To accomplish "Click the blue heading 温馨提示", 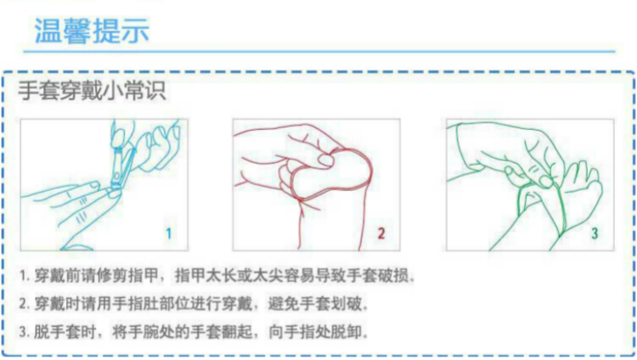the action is [x=92, y=31].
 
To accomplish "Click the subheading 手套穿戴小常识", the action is [x=92, y=90].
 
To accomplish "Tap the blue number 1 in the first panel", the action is [x=169, y=233].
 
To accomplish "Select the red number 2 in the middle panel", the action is [x=381, y=233].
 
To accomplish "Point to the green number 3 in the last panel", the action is [x=595, y=233].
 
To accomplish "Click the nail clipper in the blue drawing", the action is [x=122, y=167].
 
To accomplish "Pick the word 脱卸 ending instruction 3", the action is [x=347, y=332].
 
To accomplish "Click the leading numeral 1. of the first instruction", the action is [x=25, y=276].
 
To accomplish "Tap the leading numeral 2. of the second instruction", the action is [x=25, y=304].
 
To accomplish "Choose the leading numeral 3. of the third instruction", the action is [x=25, y=332].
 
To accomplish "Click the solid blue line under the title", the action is [x=319, y=52].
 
